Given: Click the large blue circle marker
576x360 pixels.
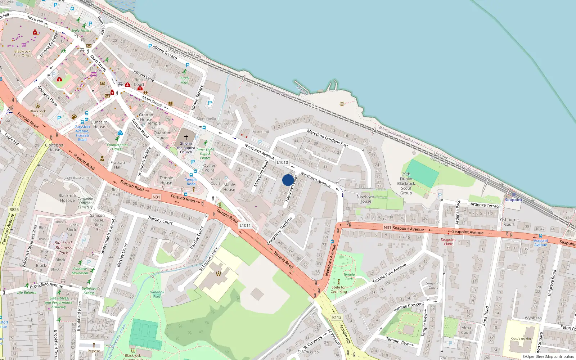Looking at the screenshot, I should coord(288,180).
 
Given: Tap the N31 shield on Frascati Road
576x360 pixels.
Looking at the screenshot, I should coord(156,197).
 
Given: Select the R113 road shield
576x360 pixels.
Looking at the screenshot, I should coord(337,317).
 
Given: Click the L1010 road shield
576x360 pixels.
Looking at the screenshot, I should coord(282,162).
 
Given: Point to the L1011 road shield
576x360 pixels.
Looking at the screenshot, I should coord(245,225).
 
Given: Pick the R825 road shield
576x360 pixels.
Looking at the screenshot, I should coord(14,210).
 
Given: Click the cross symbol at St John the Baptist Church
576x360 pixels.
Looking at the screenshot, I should coord(186,137).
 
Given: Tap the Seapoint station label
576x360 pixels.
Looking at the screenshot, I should coord(513,200).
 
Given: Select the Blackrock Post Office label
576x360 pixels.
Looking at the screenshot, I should coord(22,54).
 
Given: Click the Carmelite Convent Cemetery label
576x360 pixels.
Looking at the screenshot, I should coord(85,203).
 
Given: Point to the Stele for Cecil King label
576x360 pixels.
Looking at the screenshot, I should coord(339,289).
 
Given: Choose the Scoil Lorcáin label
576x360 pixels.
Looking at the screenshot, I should coord(521,339).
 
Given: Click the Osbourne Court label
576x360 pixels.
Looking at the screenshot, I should coord(509,222).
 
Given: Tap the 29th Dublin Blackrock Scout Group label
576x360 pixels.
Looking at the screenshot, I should coord(406,184).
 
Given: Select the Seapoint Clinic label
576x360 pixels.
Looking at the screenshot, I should coord(448,242).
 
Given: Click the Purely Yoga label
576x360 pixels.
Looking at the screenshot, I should coord(184,80).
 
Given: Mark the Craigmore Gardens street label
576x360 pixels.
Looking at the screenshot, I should coord(279,231).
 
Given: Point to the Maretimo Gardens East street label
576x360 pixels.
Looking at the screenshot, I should coord(327,139).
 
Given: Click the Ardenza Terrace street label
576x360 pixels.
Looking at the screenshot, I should coord(485,205).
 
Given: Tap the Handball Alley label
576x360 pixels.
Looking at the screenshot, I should coord(157,294).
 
